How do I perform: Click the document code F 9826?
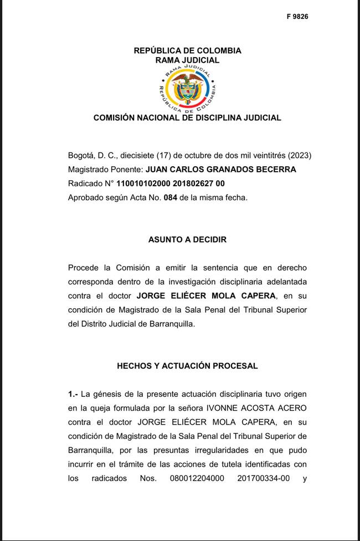(297, 17)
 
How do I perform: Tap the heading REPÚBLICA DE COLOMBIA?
(187, 50)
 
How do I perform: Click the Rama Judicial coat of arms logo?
(187, 89)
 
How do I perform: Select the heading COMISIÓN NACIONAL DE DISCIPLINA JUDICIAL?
(187, 118)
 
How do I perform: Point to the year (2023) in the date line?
(300, 156)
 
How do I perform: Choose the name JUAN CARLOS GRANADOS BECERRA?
(221, 170)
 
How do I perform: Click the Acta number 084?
(171, 197)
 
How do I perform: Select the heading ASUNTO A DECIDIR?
(187, 240)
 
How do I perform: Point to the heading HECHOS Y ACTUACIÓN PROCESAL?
(187, 366)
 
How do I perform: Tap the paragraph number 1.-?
(73, 394)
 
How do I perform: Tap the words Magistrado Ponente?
(105, 170)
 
